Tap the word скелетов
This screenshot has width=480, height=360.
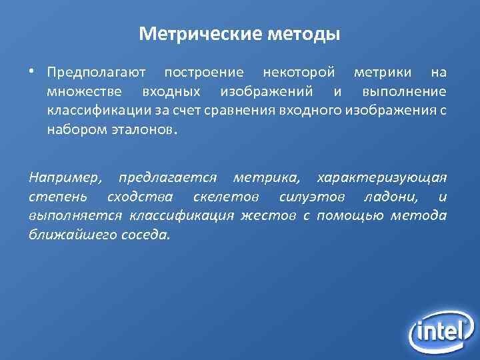point(226,198)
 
